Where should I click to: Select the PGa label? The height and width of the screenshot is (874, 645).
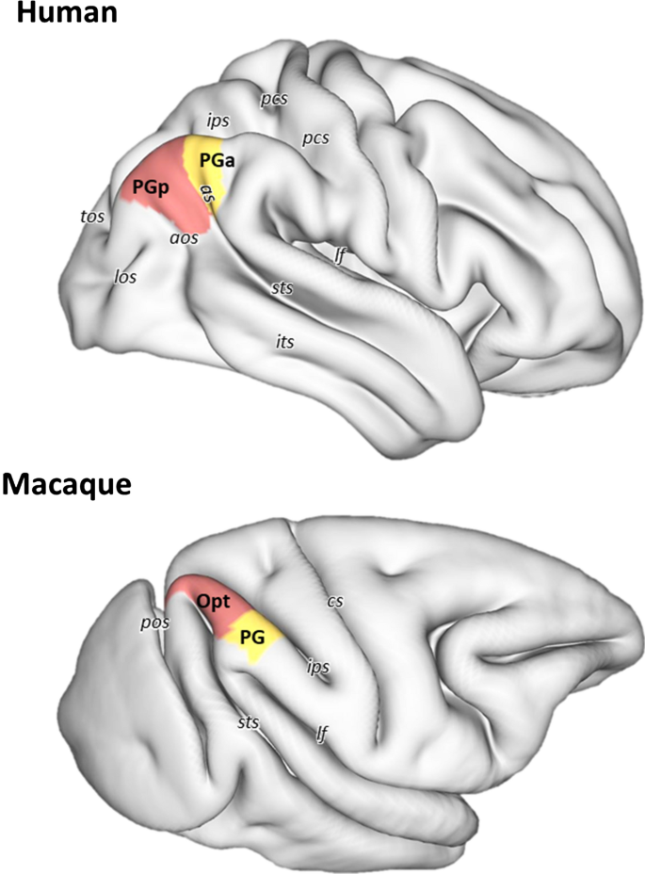(x=217, y=162)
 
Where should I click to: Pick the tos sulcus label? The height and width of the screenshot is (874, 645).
(x=92, y=217)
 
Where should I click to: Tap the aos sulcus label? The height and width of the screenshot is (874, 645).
(x=183, y=238)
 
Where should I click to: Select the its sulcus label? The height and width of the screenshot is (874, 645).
(x=283, y=343)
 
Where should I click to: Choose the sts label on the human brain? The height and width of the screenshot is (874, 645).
(x=282, y=287)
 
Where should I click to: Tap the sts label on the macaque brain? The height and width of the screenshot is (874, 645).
(x=248, y=723)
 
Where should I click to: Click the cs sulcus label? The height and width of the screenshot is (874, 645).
(x=333, y=599)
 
